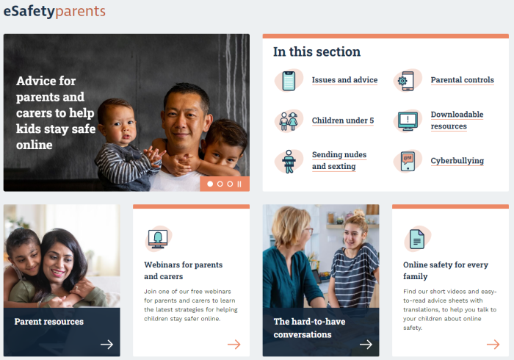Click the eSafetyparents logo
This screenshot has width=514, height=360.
click(x=54, y=11)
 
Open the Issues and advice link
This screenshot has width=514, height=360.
click(x=344, y=80)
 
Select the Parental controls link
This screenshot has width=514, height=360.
click(x=462, y=80)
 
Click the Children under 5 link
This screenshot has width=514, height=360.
click(x=343, y=120)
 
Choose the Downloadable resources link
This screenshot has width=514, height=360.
click(x=457, y=120)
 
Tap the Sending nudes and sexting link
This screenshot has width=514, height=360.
click(x=339, y=160)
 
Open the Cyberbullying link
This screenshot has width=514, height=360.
click(x=457, y=161)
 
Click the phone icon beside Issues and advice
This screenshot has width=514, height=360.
click(x=289, y=81)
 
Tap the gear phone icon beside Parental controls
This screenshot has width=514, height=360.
click(x=406, y=81)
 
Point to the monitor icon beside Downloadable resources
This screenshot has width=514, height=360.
click(x=408, y=121)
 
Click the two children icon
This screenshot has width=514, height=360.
click(x=289, y=121)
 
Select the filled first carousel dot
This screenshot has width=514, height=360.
click(x=210, y=184)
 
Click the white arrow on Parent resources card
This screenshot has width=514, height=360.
click(x=107, y=345)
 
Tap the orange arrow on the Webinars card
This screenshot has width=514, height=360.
click(x=234, y=345)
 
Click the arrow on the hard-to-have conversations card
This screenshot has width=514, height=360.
click(x=366, y=345)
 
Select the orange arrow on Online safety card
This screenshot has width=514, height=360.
click(x=493, y=345)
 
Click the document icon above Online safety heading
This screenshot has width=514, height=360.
click(x=417, y=239)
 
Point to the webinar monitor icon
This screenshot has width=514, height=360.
click(x=158, y=239)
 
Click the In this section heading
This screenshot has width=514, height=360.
click(x=316, y=52)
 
